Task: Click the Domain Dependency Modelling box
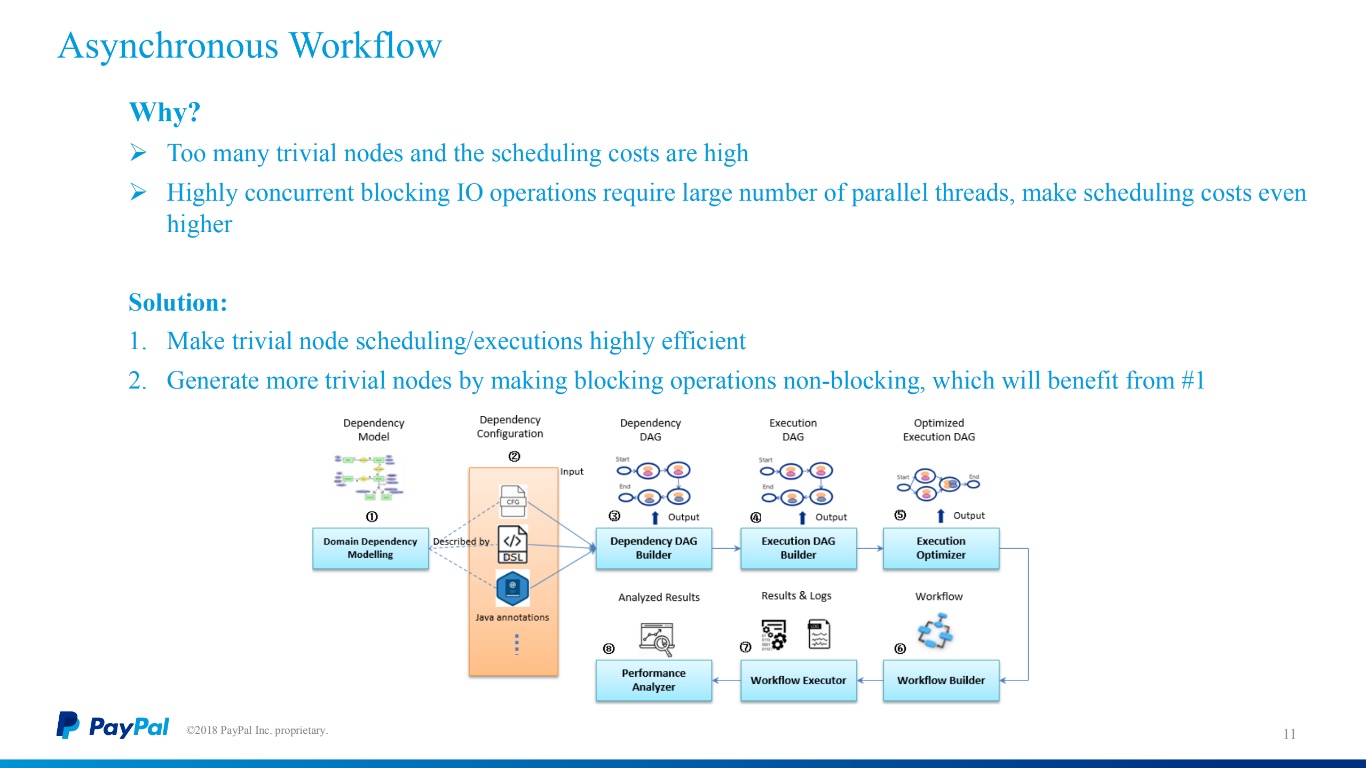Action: (370, 548)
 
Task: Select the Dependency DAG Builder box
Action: (653, 548)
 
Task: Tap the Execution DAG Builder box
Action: (798, 548)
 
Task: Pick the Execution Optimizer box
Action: (941, 548)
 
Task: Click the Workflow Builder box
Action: (941, 680)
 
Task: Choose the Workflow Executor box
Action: (798, 680)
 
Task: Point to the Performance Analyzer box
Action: (653, 680)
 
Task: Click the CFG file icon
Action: (513, 501)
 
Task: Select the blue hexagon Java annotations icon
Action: (512, 588)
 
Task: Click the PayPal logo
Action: (113, 726)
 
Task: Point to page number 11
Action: (1289, 734)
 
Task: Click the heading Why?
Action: (164, 113)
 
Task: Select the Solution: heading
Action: (178, 303)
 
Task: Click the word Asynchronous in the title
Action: (168, 46)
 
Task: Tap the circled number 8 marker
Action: (609, 648)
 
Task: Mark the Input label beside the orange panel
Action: (572, 472)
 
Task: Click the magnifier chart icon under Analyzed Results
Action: (657, 639)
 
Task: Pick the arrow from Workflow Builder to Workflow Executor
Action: (870, 680)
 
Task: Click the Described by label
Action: (461, 541)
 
